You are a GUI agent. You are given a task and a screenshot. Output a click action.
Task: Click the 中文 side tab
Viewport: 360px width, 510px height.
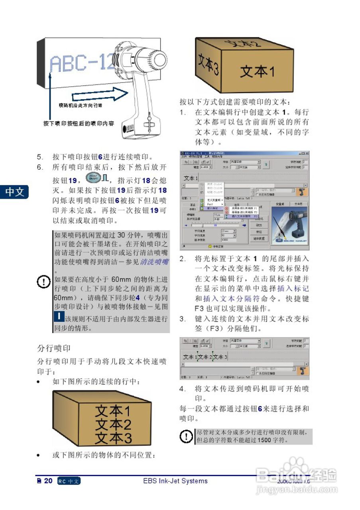(x=15, y=192)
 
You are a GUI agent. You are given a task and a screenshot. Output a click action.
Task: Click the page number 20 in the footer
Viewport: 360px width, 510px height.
(x=48, y=481)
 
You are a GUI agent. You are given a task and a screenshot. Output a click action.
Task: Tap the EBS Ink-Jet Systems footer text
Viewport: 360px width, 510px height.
(x=175, y=481)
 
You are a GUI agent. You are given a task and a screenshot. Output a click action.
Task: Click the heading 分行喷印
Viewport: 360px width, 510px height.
(x=53, y=348)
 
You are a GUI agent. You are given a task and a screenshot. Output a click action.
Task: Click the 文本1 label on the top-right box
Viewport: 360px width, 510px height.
(x=257, y=72)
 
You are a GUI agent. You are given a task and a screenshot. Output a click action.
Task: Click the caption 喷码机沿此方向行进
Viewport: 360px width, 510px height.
(x=81, y=105)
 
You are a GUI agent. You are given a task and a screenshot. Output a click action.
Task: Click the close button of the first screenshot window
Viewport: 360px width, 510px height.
(x=307, y=153)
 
